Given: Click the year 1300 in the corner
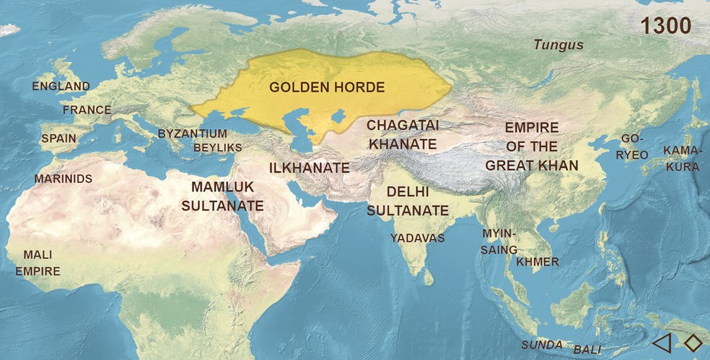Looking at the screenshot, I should (665, 26).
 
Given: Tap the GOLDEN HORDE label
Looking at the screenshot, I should (326, 88).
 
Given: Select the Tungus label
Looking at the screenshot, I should (558, 45).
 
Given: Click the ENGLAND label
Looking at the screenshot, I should (61, 87).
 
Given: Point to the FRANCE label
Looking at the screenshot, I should (87, 110).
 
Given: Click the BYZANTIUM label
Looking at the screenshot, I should (192, 134).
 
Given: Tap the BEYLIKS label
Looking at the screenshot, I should (218, 148).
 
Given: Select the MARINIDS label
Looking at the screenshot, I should (63, 178).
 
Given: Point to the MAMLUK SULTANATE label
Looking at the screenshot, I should (222, 196).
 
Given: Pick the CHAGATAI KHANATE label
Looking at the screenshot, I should (403, 134).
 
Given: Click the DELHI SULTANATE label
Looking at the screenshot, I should (408, 201).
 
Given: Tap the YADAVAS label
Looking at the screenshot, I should (417, 237).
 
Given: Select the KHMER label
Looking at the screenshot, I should (538, 262).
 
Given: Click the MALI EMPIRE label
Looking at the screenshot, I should (38, 263).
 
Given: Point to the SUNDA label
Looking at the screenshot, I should (541, 345).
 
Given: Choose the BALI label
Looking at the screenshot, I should (587, 349).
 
